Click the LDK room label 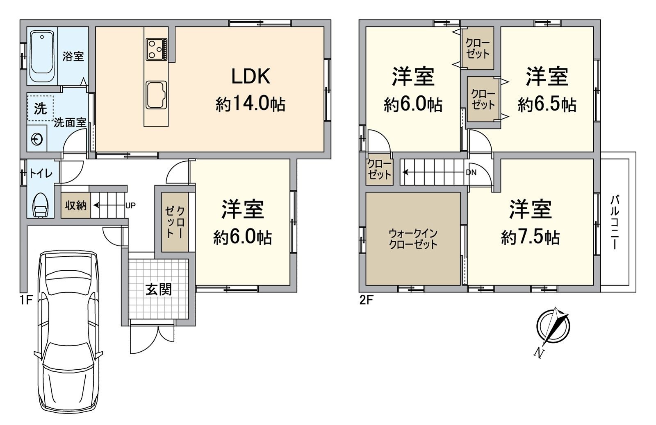click(251, 76)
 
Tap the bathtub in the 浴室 click(42, 57)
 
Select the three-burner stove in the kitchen click(156, 50)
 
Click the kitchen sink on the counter click(156, 95)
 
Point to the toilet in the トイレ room click(40, 205)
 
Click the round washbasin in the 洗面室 click(36, 139)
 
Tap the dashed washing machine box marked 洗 click(41, 108)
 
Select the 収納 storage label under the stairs click(75, 205)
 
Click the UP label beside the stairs click(130, 206)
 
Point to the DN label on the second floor click(471, 172)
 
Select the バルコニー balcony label click(615, 223)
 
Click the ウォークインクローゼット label click(413, 239)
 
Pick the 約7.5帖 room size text click(531, 237)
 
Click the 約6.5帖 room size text click(547, 104)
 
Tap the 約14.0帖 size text click(251, 104)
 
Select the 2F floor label click(367, 300)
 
